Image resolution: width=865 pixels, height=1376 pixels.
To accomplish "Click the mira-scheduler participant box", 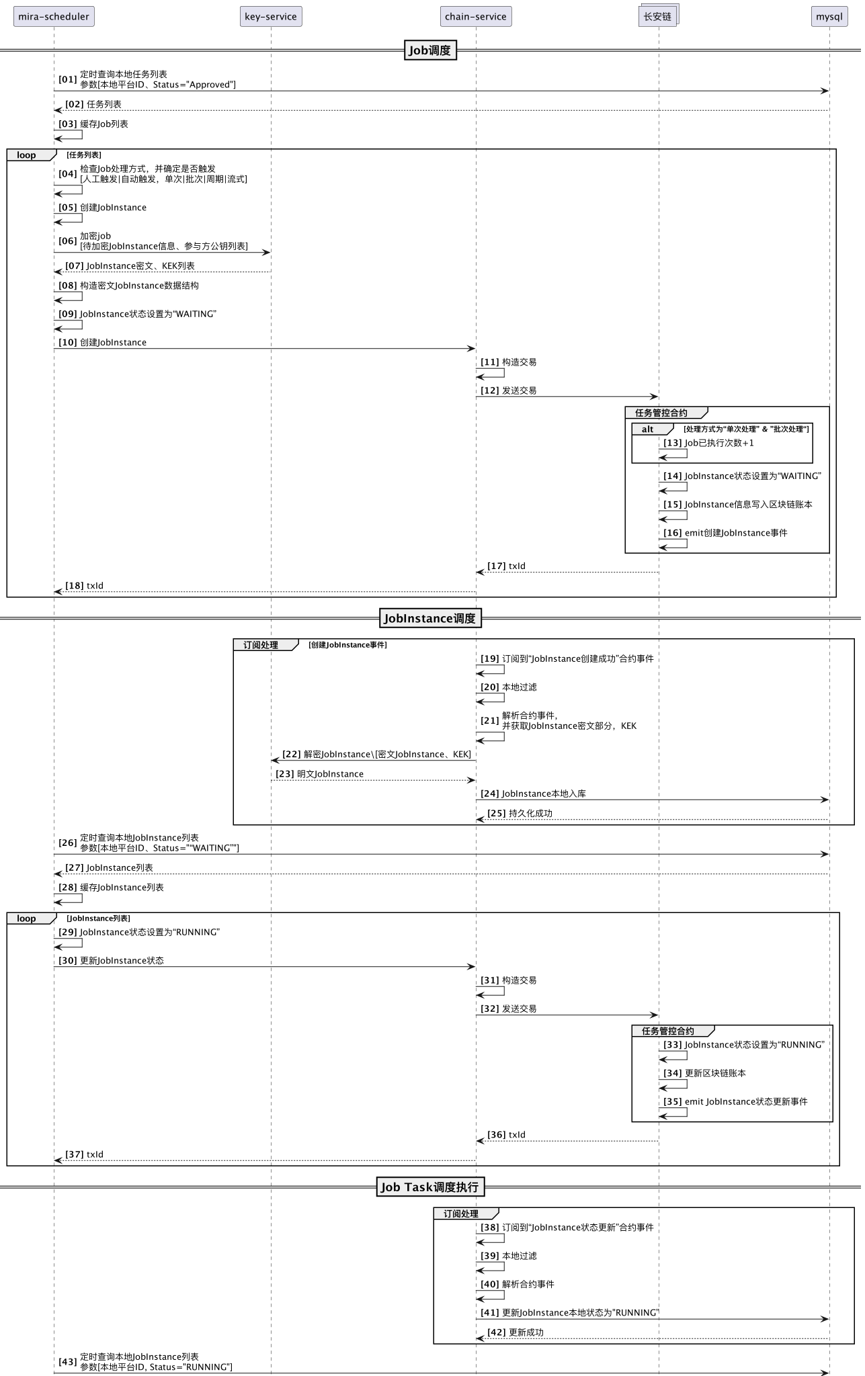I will (x=54, y=17).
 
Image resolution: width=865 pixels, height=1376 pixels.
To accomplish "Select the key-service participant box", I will (x=271, y=17).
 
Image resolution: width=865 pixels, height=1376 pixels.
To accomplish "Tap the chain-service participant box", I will (x=476, y=17).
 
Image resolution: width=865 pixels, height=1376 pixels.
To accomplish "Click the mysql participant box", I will (x=829, y=17).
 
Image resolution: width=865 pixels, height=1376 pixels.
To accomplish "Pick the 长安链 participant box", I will (x=657, y=17).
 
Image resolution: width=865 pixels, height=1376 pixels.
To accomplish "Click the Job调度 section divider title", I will (x=430, y=50).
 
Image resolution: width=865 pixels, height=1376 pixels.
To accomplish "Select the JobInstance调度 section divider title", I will (x=430, y=619).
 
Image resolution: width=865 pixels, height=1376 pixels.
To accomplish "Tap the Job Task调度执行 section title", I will (x=430, y=1187).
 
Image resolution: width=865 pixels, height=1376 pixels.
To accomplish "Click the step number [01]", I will (x=68, y=79).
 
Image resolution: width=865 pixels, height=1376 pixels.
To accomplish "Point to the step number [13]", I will (x=673, y=443).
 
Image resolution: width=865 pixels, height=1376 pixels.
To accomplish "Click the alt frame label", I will (x=647, y=429).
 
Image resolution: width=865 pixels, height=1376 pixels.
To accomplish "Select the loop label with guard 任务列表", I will (x=27, y=155).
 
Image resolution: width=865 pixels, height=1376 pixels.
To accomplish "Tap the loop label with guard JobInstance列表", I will (x=27, y=918).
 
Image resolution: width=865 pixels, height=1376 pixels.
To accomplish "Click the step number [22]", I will (x=292, y=755).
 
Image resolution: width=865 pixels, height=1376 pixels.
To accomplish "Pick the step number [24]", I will (x=490, y=794).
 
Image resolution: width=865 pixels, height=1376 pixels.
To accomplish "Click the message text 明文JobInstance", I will (x=330, y=774).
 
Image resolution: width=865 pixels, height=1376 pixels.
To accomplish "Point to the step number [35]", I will (x=673, y=1102).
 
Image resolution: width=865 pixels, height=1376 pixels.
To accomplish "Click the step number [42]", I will (x=497, y=1332).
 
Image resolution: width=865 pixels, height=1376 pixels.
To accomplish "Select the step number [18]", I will (x=75, y=586).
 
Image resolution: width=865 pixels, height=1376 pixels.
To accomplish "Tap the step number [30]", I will (x=68, y=961).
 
